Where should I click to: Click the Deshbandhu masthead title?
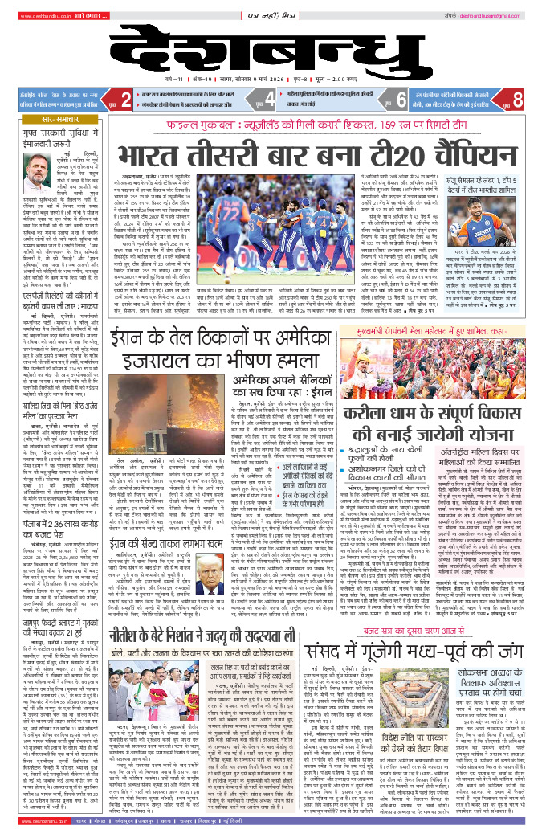(271, 52)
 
